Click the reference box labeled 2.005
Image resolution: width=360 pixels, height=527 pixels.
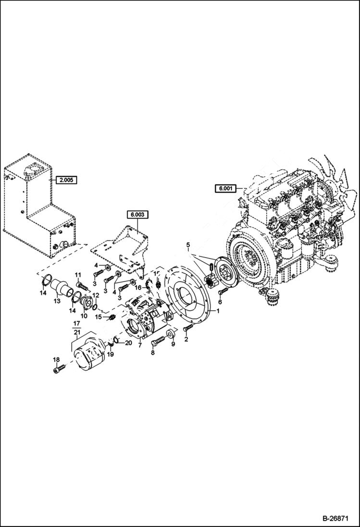(65, 181)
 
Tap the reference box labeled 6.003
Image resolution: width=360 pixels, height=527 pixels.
(137, 215)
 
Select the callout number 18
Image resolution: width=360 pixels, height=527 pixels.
(56, 360)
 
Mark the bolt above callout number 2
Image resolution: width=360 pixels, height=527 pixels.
(187, 329)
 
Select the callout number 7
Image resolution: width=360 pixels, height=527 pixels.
(139, 345)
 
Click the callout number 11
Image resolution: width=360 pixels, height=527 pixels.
(77, 274)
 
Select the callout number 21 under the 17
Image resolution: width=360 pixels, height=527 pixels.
(76, 332)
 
